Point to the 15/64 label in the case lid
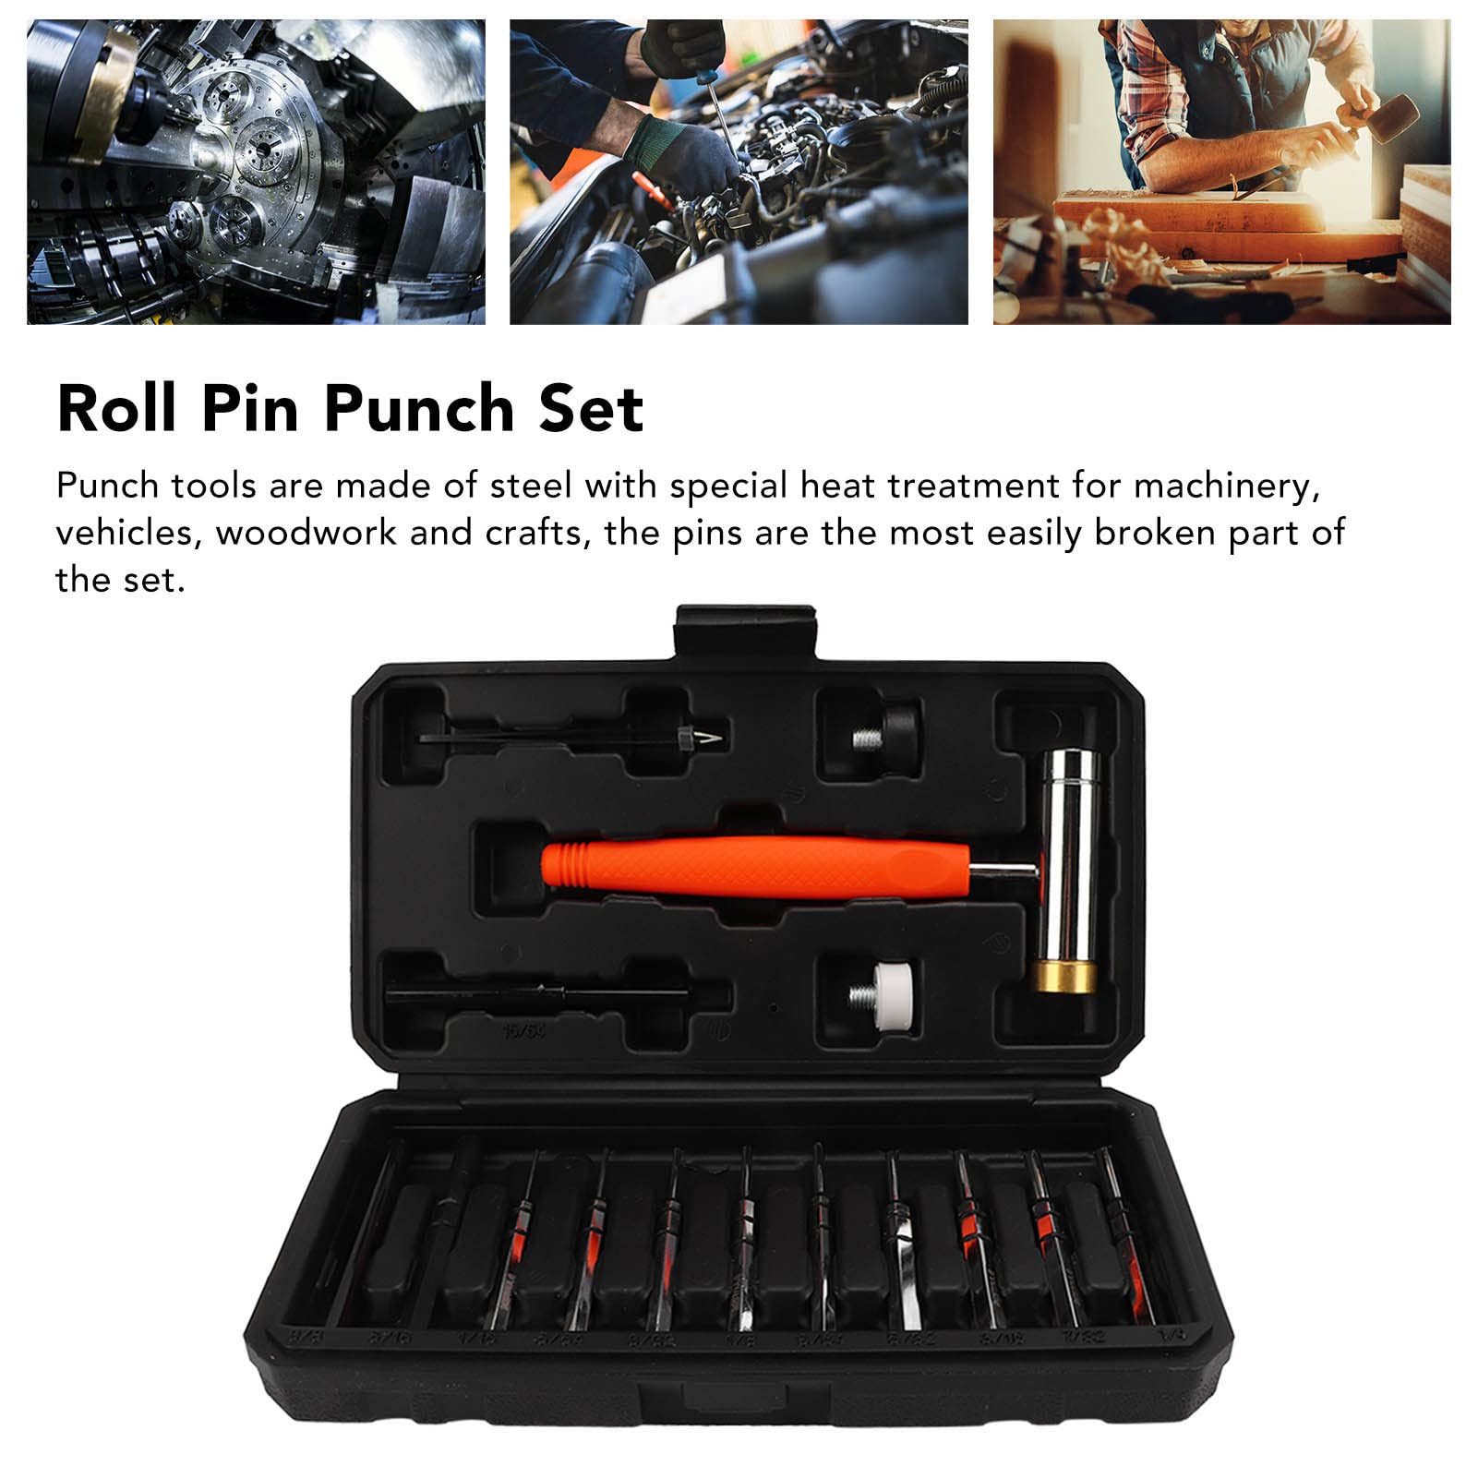(x=524, y=1031)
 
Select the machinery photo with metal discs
(x=256, y=172)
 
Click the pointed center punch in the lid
(x=572, y=737)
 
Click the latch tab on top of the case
(x=745, y=631)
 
